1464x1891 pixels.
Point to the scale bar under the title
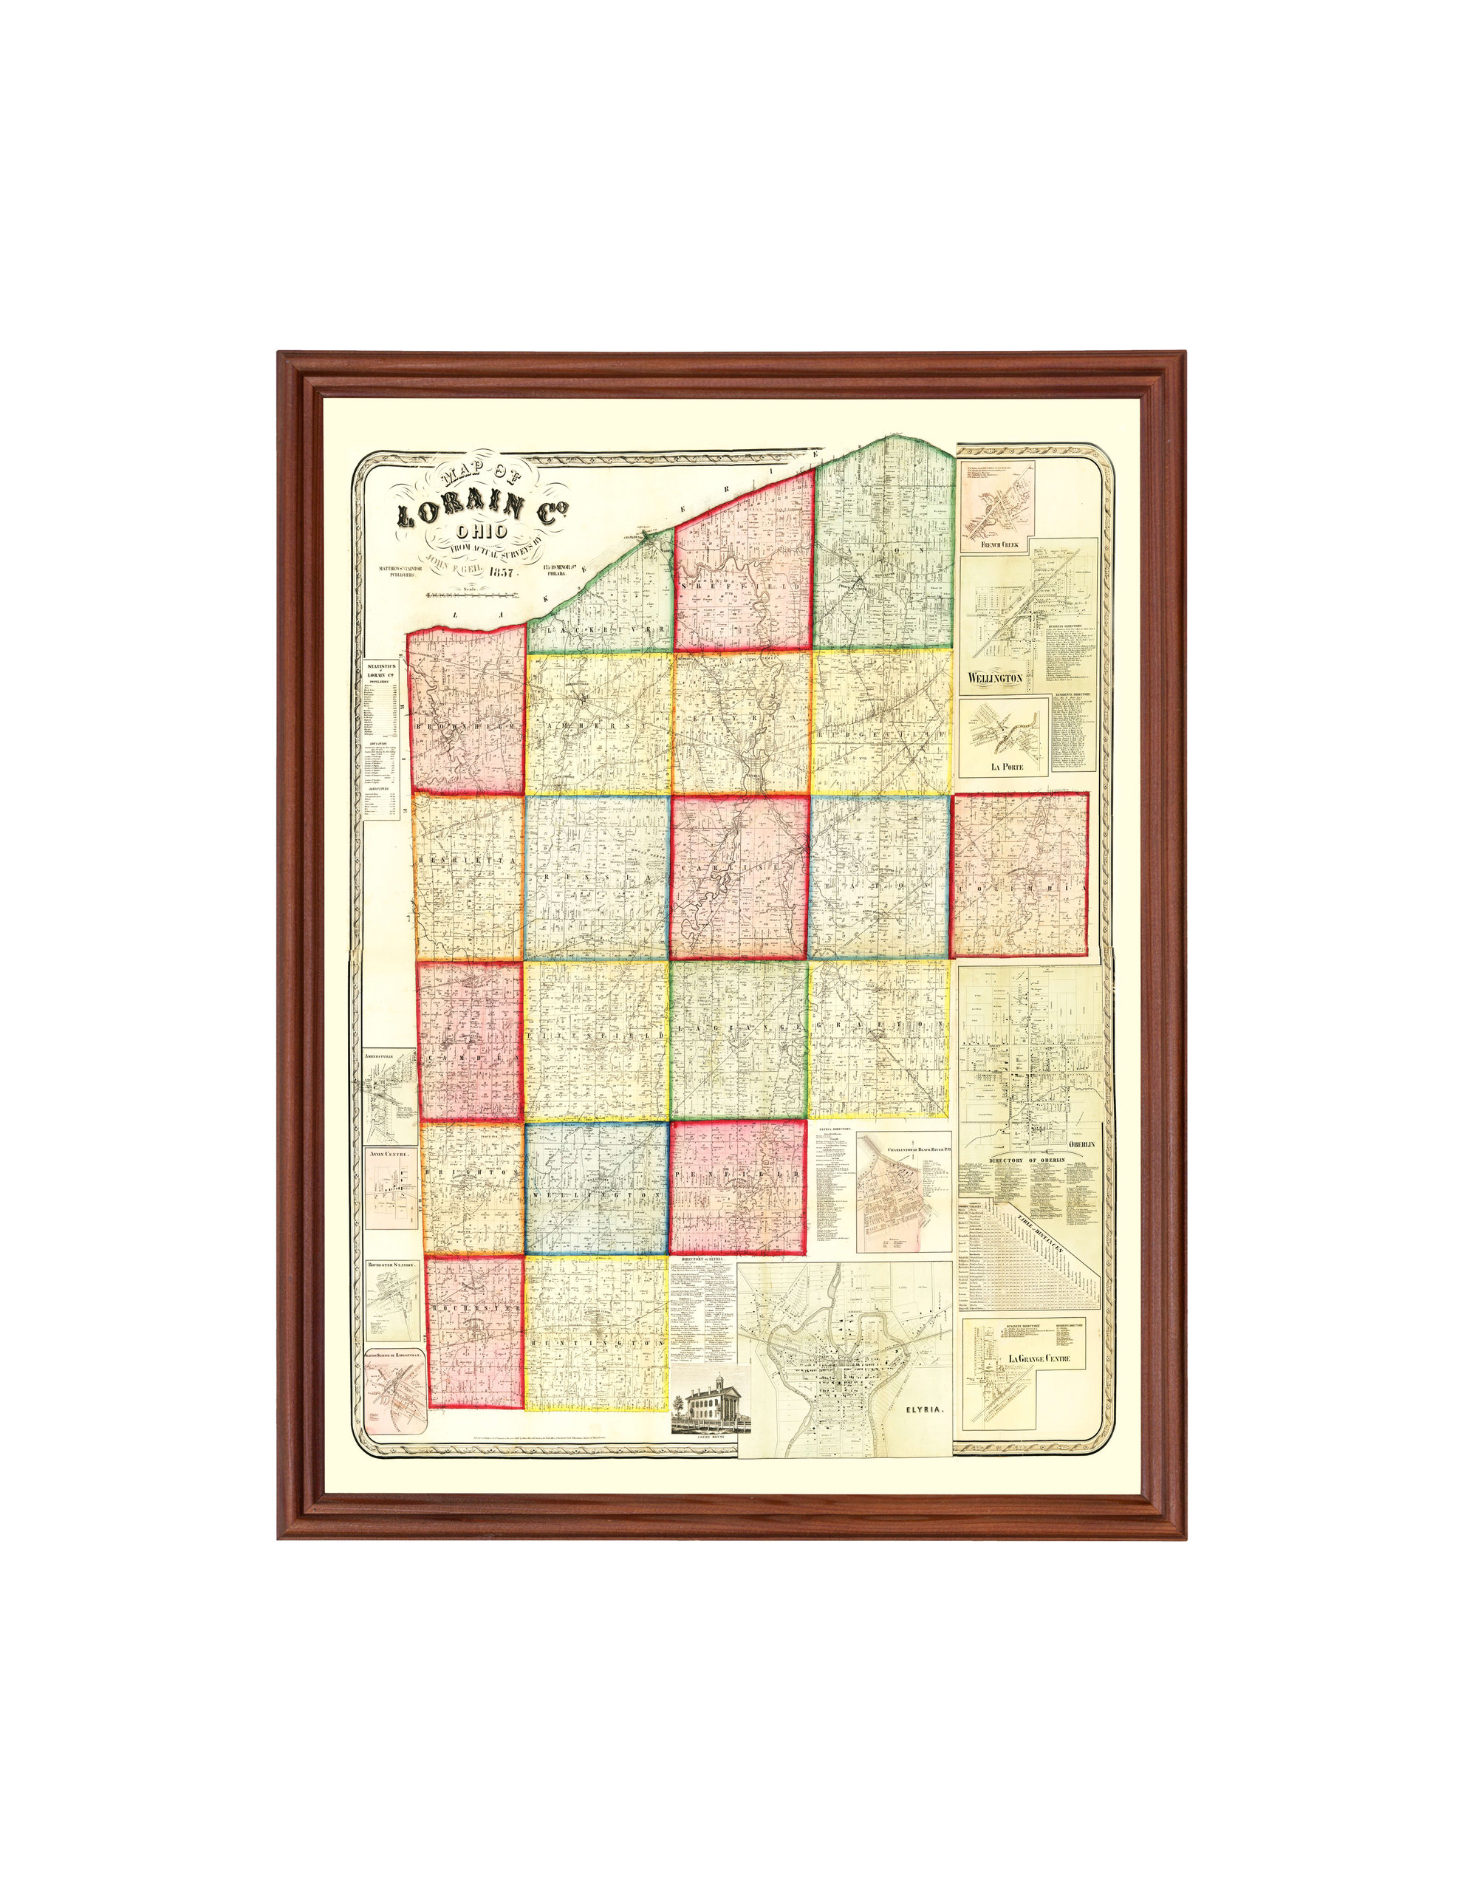[473, 595]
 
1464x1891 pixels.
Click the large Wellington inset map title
[991, 678]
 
